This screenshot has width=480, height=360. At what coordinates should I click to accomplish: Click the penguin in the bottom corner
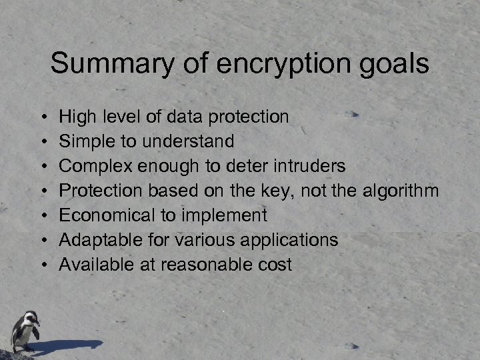24,330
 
